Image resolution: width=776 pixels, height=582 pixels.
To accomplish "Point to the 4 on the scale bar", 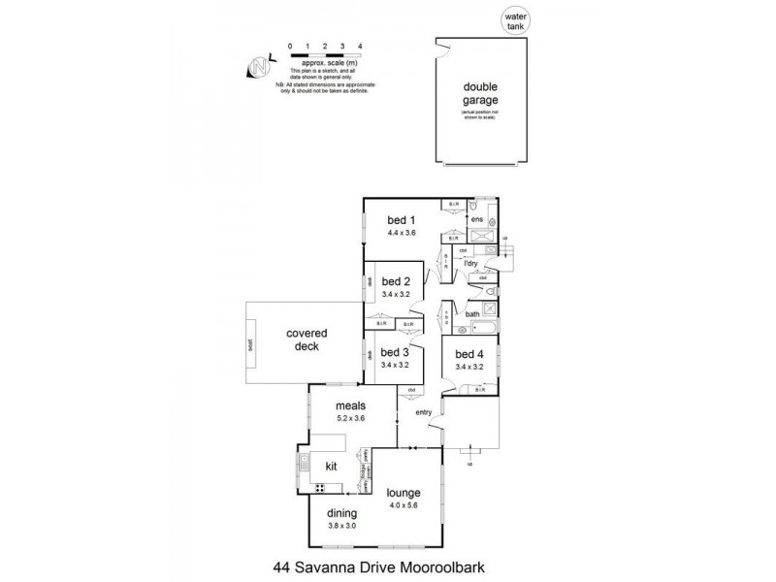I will tap(360, 46).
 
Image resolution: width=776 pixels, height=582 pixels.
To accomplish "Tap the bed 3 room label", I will tap(394, 352).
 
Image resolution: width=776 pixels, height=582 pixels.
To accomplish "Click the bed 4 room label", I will tap(469, 353).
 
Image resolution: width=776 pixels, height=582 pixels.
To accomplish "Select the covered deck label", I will tap(306, 339).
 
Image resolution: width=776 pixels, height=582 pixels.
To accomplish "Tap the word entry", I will tap(423, 413).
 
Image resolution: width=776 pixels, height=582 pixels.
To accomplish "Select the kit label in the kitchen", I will tap(331, 468).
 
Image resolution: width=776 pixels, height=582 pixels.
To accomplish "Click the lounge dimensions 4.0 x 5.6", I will tap(403, 505).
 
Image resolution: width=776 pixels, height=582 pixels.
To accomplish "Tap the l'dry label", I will tap(470, 263).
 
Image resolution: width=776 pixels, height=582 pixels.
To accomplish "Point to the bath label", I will tap(472, 314).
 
